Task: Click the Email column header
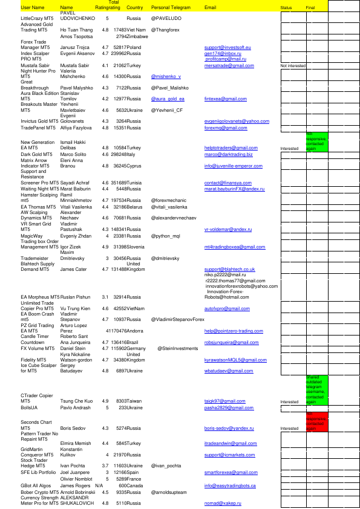(211, 8)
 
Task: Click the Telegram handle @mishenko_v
(166, 77)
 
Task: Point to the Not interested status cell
(293, 65)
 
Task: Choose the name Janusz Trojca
(75, 47)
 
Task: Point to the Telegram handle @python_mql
(166, 236)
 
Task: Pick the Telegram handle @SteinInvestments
(178, 349)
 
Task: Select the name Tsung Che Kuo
(76, 401)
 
